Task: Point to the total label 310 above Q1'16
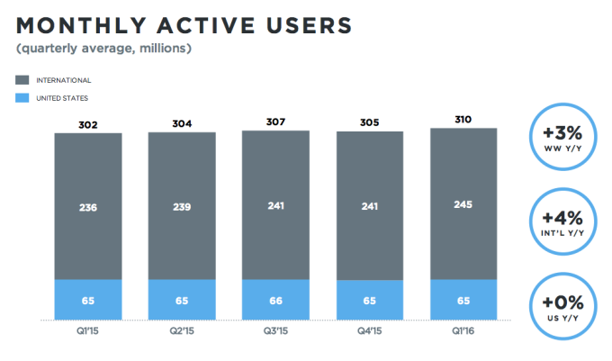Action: click(463, 122)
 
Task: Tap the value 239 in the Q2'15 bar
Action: click(182, 206)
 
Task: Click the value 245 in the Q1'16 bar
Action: click(463, 204)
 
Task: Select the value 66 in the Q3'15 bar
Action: click(275, 300)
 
